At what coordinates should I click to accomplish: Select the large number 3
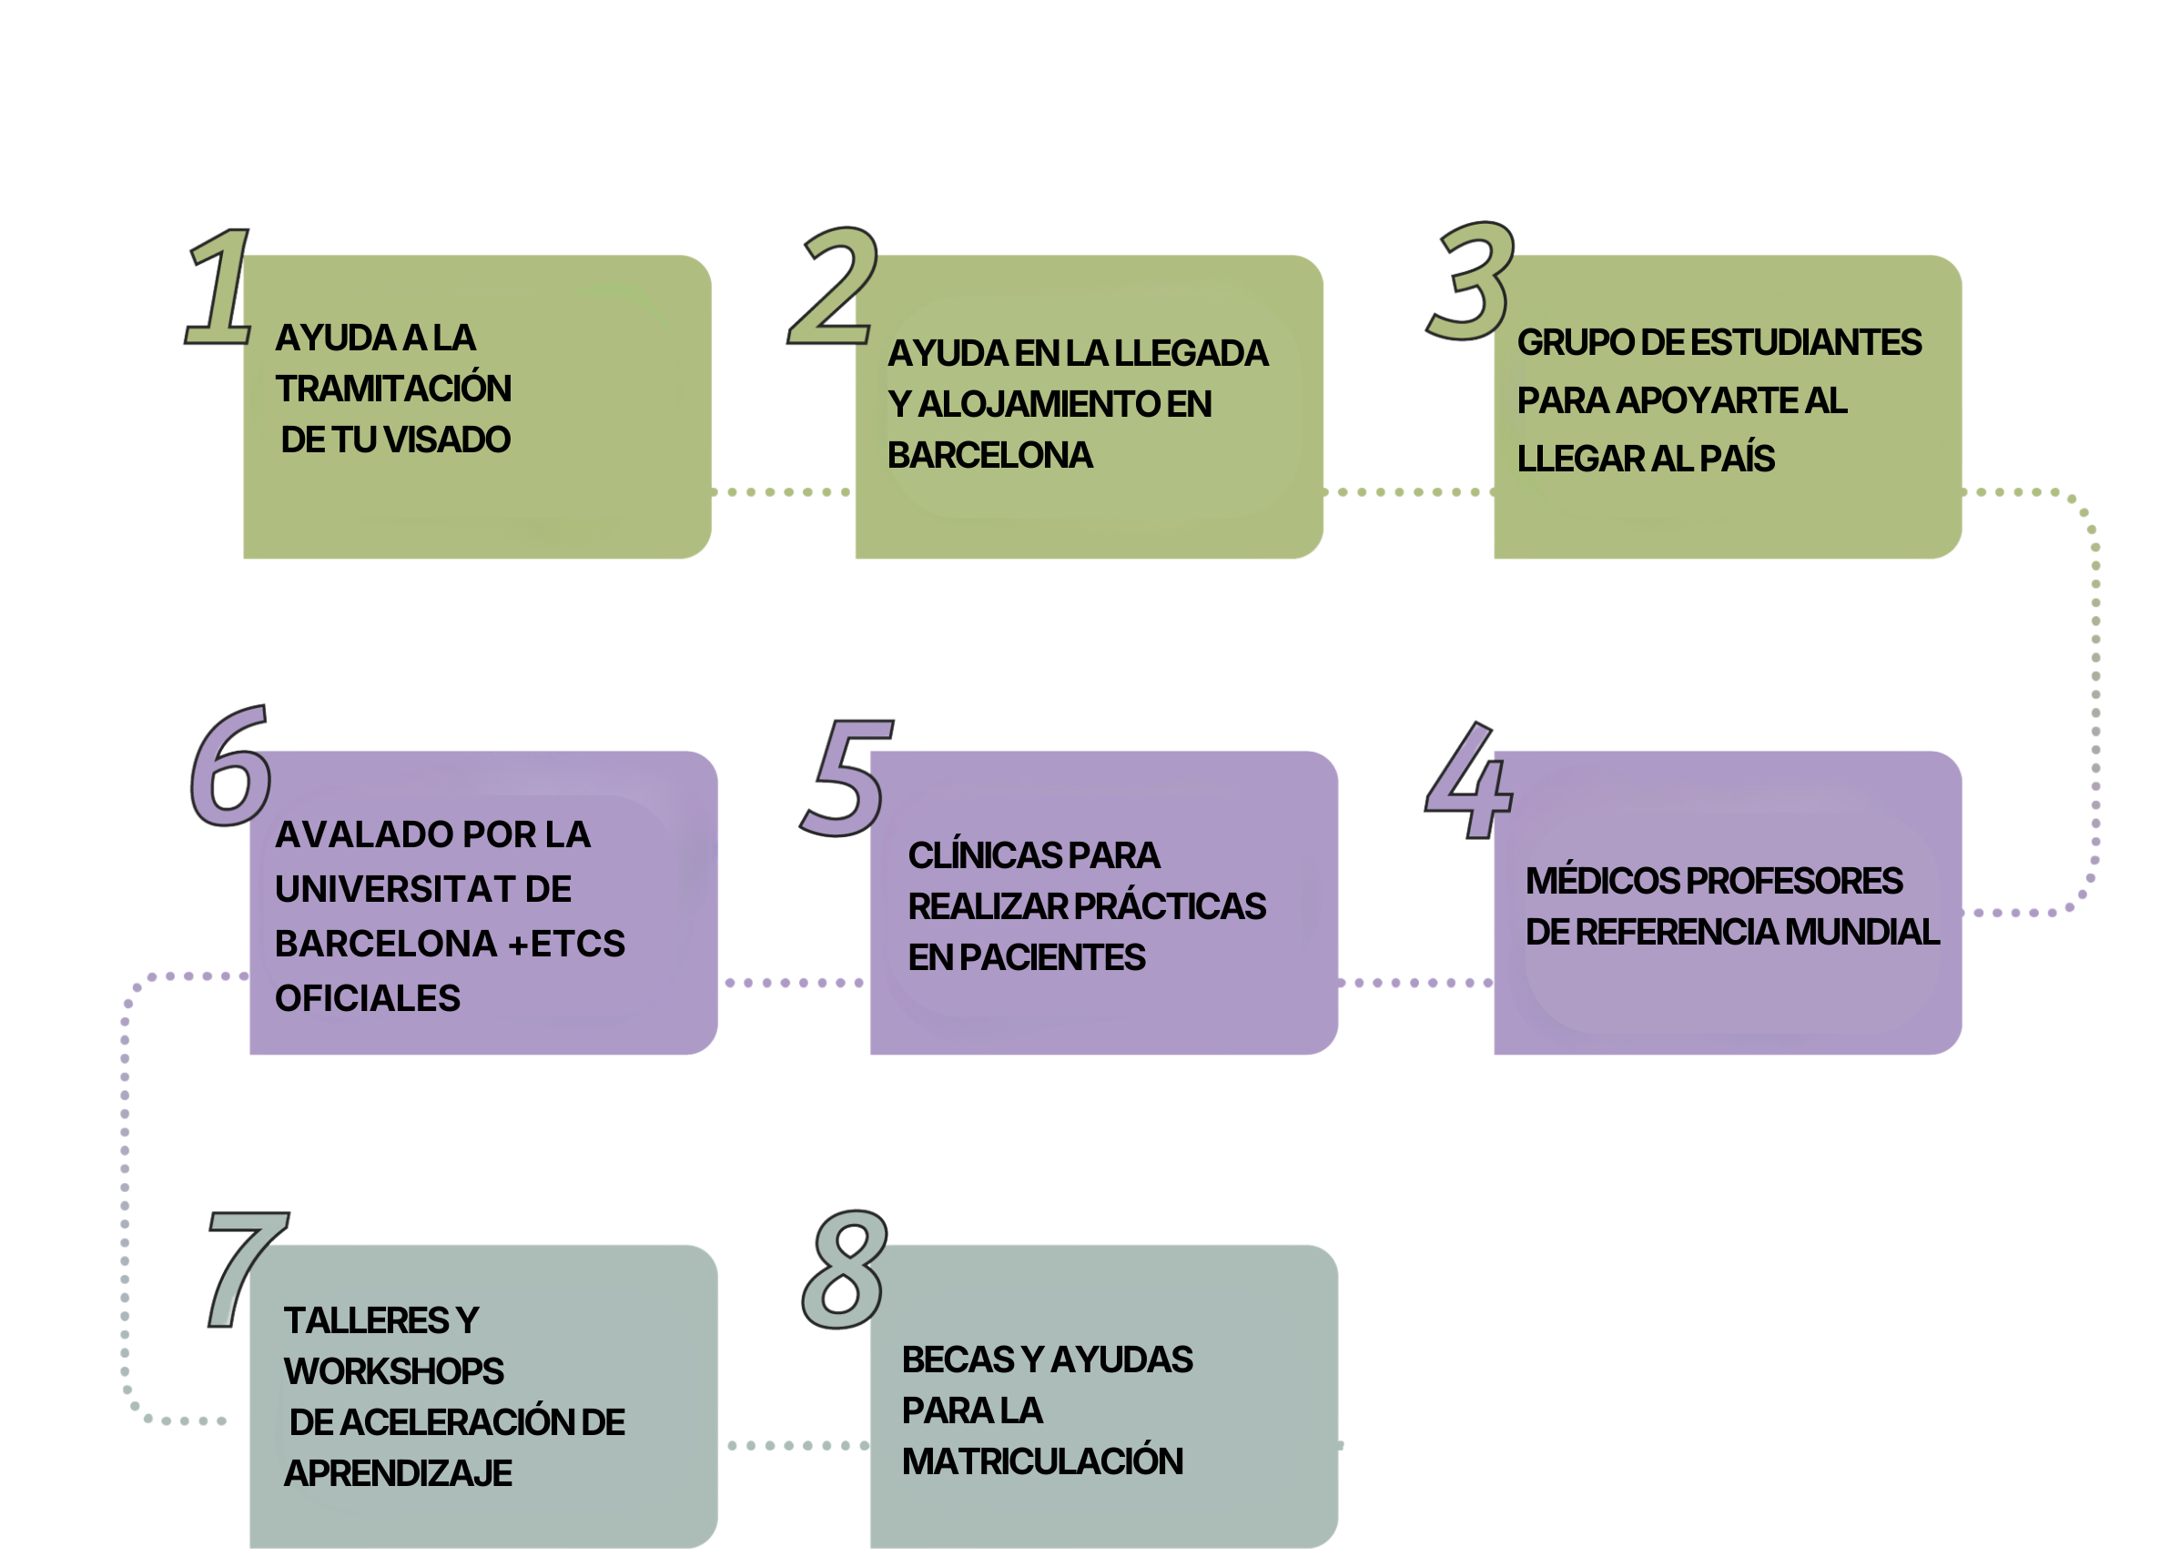pos(1472,282)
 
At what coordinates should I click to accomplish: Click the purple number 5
pos(846,778)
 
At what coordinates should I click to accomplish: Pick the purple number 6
pos(229,767)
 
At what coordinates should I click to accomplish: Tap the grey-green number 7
pos(243,1268)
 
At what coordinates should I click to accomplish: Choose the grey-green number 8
pos(844,1269)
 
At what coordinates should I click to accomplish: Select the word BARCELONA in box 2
pos(989,455)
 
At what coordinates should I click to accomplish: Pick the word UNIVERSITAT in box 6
pos(393,890)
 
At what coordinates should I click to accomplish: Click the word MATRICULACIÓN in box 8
pos(1042,1461)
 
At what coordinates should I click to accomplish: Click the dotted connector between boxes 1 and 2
pos(783,491)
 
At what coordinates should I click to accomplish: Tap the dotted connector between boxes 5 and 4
pos(1415,983)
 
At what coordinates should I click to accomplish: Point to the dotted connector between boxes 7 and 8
pos(794,1445)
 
